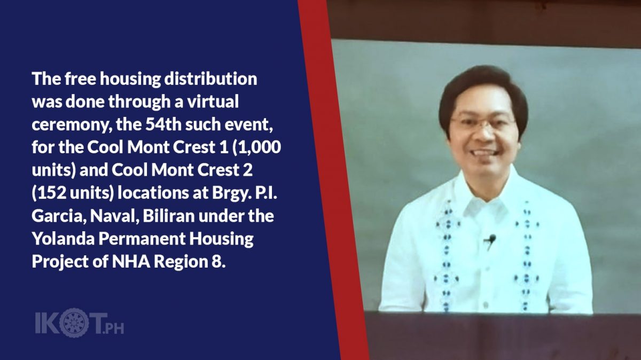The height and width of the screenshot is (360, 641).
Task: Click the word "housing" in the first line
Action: pyautogui.click(x=130, y=79)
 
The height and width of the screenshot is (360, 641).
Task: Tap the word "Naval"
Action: pyautogui.click(x=114, y=216)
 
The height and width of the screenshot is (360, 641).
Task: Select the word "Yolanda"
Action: pyautogui.click(x=63, y=238)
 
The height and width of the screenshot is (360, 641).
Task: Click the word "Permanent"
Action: pyautogui.click(x=142, y=239)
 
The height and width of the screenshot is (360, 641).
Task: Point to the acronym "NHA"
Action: pyautogui.click(x=131, y=262)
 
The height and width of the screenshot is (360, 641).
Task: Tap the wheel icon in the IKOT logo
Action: pyautogui.click(x=74, y=323)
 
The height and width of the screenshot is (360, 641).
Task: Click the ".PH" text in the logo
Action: pyautogui.click(x=113, y=328)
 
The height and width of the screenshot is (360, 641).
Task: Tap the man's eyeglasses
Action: pyautogui.click(x=484, y=122)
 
